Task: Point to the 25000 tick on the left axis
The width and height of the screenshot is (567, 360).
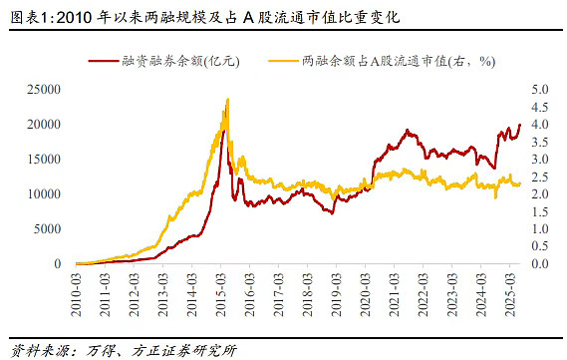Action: point(43,90)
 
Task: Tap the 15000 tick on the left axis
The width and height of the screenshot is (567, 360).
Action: point(43,160)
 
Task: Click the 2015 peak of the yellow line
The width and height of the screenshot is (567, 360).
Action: point(228,100)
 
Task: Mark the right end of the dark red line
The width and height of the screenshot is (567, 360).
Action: point(520,125)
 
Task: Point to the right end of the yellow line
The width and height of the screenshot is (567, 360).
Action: point(520,183)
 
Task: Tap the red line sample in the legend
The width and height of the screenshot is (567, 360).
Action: point(107,61)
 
